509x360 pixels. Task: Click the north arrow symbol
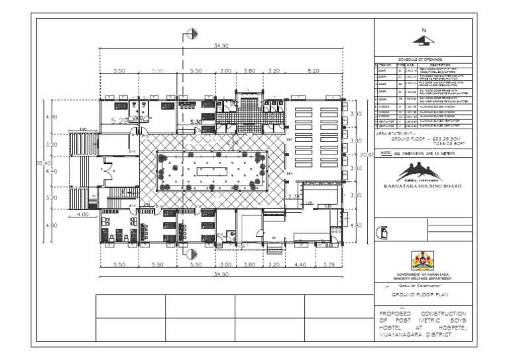[x=424, y=39]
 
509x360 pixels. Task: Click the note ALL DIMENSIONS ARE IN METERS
[x=423, y=153]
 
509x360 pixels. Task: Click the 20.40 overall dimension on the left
[x=42, y=162]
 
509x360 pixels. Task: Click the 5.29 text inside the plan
[x=120, y=121]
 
